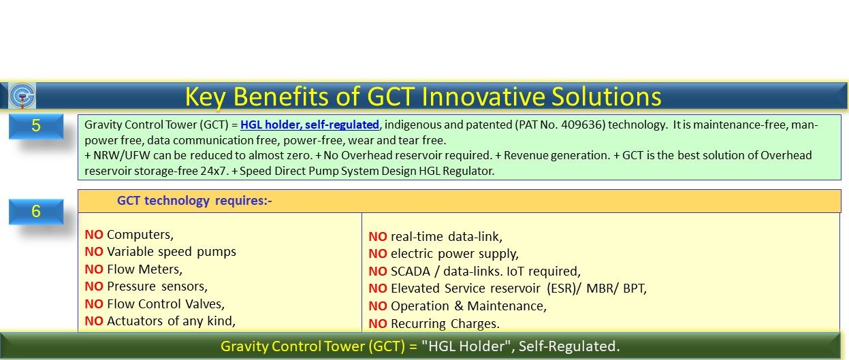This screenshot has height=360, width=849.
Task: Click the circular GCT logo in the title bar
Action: (22, 96)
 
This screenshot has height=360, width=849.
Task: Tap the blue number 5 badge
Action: (36, 126)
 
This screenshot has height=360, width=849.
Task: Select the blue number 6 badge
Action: (36, 212)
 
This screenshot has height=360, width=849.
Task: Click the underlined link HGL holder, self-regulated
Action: (310, 125)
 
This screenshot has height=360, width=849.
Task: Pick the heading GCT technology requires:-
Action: (195, 201)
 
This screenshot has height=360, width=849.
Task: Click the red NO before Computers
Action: (94, 235)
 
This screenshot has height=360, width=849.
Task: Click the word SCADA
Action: (411, 272)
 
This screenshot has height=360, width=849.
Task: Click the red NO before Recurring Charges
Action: (378, 324)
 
